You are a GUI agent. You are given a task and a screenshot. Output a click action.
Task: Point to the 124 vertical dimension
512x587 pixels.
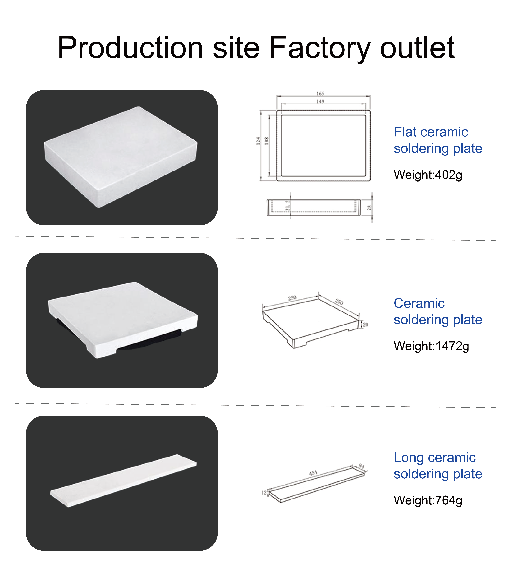click(x=258, y=141)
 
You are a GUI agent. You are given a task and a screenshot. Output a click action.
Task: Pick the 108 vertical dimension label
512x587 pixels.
click(x=267, y=141)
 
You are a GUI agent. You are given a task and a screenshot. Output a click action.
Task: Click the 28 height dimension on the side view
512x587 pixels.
click(x=369, y=208)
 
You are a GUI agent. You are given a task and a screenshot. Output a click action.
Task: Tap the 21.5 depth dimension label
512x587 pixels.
click(x=287, y=206)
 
